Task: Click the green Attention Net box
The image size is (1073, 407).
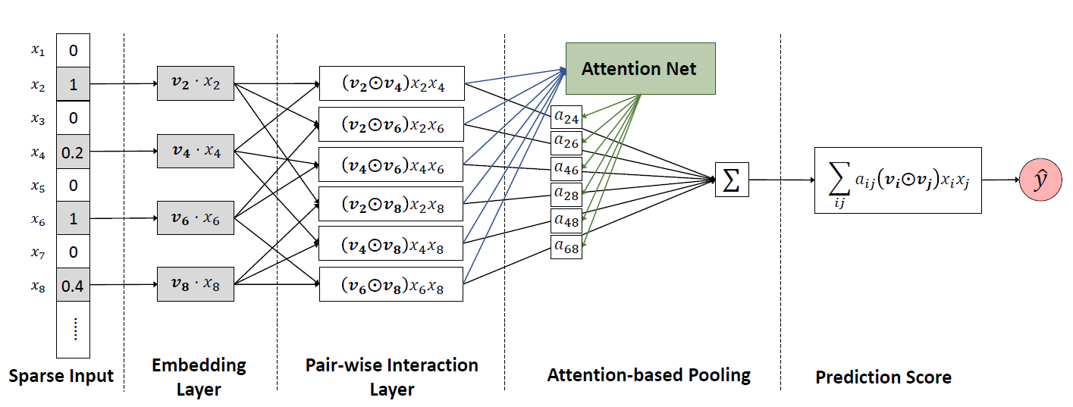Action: click(x=640, y=69)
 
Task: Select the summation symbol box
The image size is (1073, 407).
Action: click(x=732, y=180)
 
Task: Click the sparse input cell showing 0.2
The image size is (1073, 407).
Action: click(x=74, y=152)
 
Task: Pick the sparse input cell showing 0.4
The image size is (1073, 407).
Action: click(x=74, y=286)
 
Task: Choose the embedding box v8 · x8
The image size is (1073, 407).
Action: click(x=195, y=284)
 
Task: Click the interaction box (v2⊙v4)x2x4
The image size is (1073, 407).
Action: click(x=391, y=84)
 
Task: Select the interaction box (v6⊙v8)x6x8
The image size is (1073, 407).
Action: click(x=391, y=285)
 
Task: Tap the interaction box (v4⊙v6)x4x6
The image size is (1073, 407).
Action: click(x=391, y=164)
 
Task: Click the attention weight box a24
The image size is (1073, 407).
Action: click(x=566, y=117)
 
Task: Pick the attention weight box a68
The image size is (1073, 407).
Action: click(x=566, y=247)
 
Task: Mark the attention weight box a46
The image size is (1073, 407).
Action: click(x=566, y=168)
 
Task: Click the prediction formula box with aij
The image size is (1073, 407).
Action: click(x=897, y=180)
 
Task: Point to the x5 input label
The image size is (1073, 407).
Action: click(x=37, y=184)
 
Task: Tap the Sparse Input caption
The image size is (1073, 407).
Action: click(x=61, y=376)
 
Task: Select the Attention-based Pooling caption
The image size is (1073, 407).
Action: click(x=648, y=374)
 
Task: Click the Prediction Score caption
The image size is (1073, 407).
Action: click(x=883, y=377)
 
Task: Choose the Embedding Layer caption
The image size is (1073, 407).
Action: click(x=199, y=377)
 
